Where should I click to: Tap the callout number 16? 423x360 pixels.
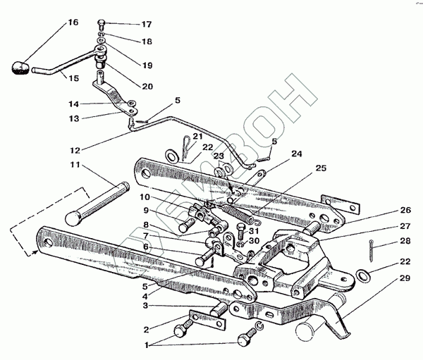(73, 23)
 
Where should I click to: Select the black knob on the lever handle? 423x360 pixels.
(20, 69)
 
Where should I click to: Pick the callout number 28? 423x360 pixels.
(404, 241)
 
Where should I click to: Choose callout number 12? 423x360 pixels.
(74, 149)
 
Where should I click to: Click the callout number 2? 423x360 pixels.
(145, 329)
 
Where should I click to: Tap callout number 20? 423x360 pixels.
(146, 87)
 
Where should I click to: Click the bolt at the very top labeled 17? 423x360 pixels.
(103, 23)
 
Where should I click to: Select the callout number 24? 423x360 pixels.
(296, 153)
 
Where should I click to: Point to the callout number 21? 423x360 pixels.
(197, 136)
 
